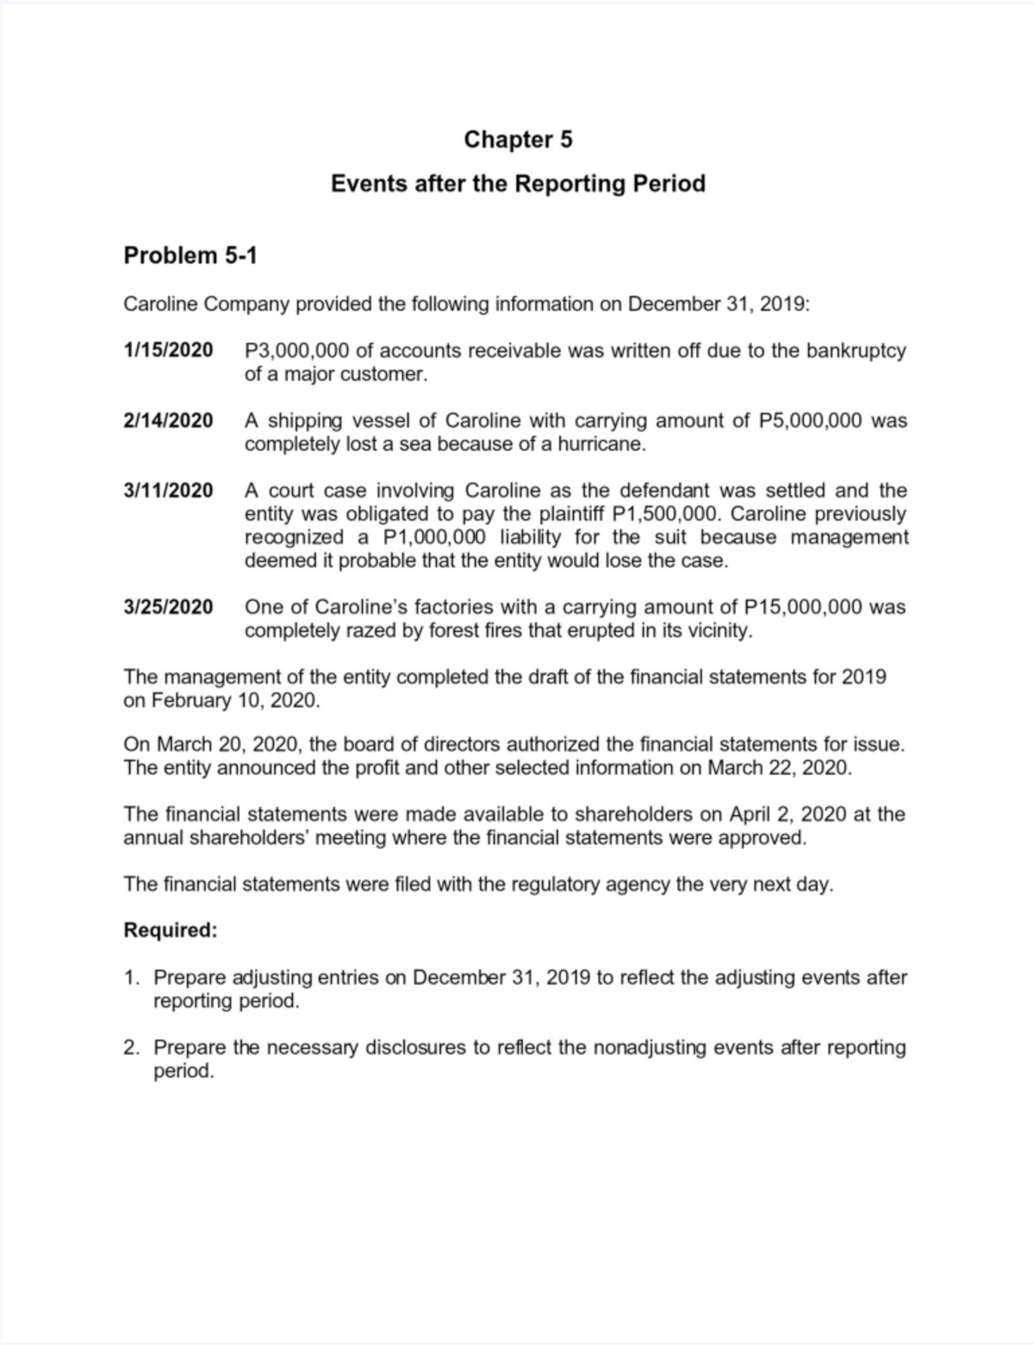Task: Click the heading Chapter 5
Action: [518, 140]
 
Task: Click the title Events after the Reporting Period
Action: [518, 184]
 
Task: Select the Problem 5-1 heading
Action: [190, 255]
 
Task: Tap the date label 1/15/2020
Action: [168, 351]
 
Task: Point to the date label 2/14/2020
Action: [168, 421]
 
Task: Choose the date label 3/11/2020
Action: [168, 491]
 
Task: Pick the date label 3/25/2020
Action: [168, 607]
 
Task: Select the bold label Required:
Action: [171, 931]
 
